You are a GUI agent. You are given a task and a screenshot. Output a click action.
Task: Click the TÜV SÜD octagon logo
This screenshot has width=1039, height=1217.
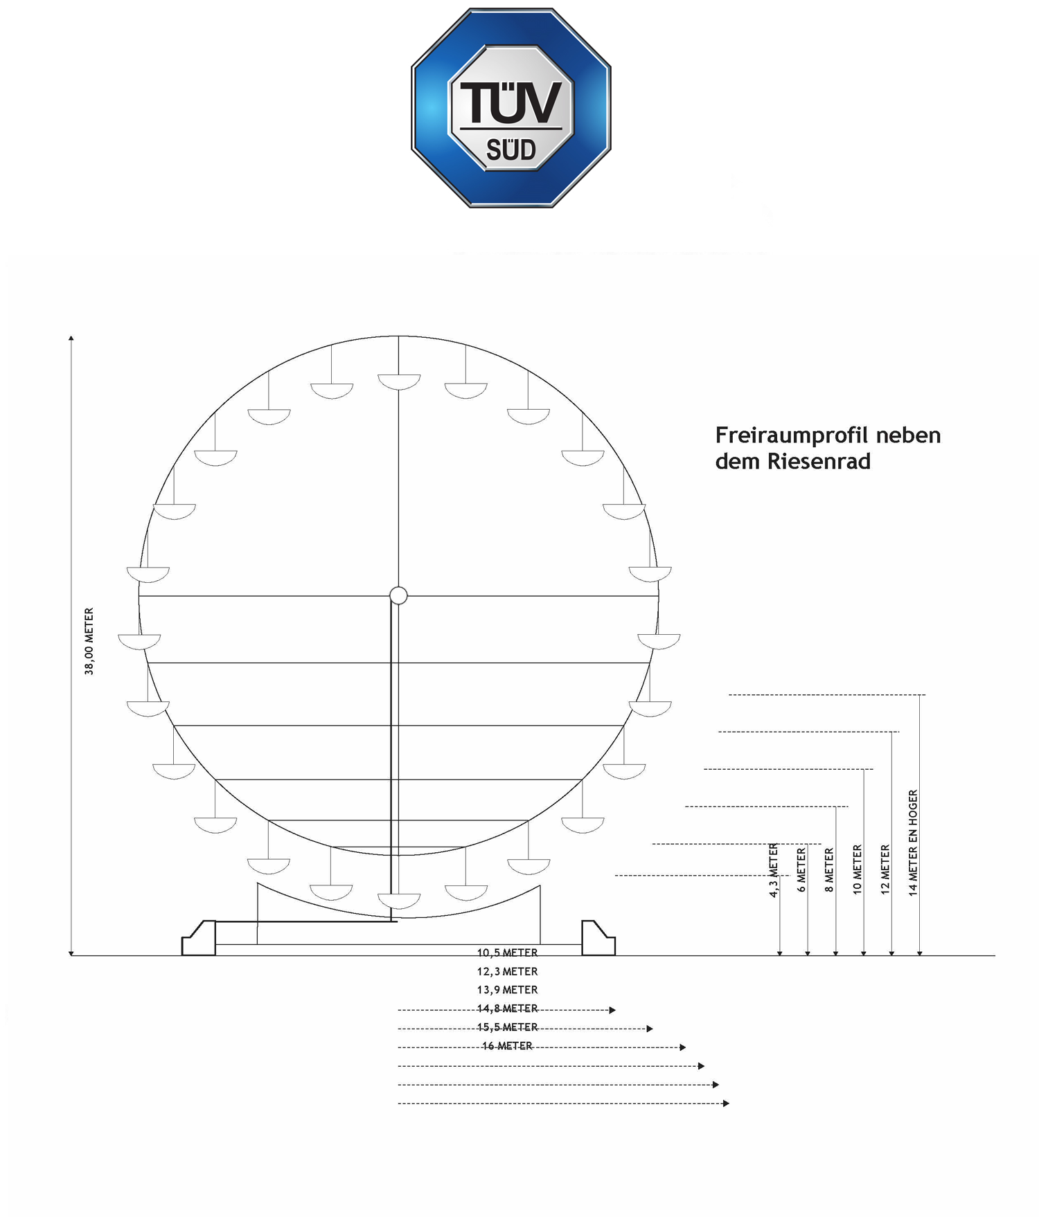click(x=511, y=108)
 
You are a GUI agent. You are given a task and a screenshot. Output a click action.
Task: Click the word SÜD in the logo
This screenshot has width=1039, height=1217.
click(x=511, y=150)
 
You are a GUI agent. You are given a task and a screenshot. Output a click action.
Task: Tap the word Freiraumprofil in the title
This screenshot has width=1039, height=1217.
click(x=791, y=436)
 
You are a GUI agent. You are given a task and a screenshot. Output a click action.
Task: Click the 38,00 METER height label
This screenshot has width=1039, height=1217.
click(x=89, y=641)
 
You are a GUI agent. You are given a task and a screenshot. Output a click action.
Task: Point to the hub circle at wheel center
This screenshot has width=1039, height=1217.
click(x=398, y=595)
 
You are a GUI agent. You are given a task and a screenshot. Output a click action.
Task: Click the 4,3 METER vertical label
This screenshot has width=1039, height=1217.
click(x=774, y=870)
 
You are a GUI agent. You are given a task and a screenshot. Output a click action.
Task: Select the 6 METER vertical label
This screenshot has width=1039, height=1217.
click(x=801, y=870)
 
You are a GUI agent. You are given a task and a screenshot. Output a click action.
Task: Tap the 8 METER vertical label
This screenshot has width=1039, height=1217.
click(x=829, y=870)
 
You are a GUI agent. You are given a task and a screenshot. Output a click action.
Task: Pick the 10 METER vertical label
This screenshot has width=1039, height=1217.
click(x=857, y=869)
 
